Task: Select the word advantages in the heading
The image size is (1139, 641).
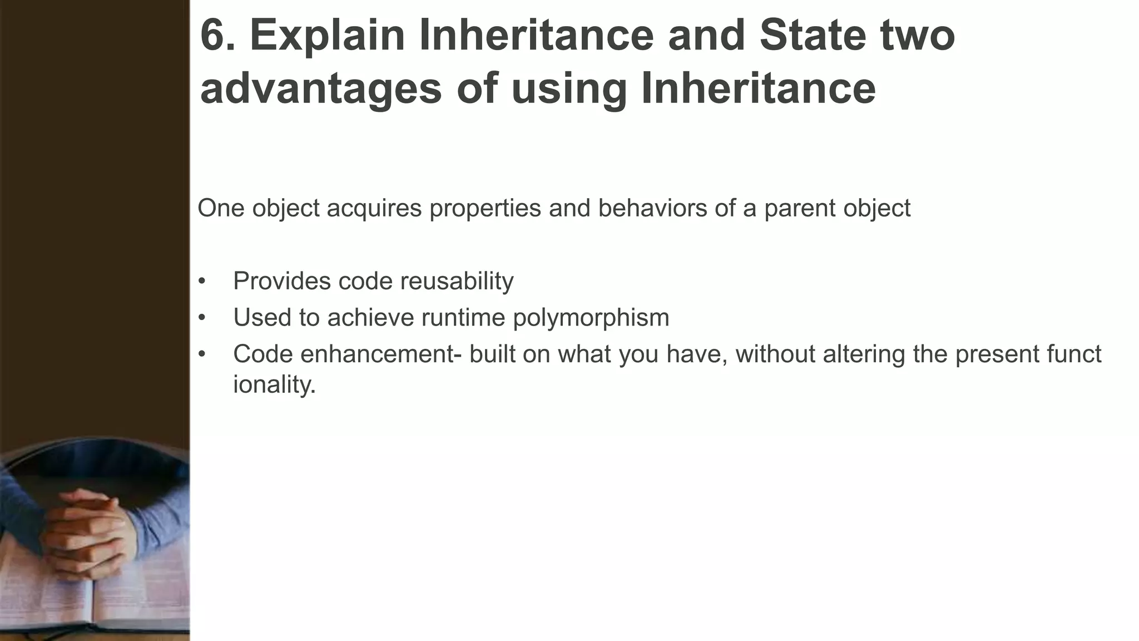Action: tap(321, 89)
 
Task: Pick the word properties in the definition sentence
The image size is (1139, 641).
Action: tap(485, 209)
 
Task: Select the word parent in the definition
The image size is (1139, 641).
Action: tap(799, 209)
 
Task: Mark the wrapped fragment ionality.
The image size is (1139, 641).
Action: tap(274, 384)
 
